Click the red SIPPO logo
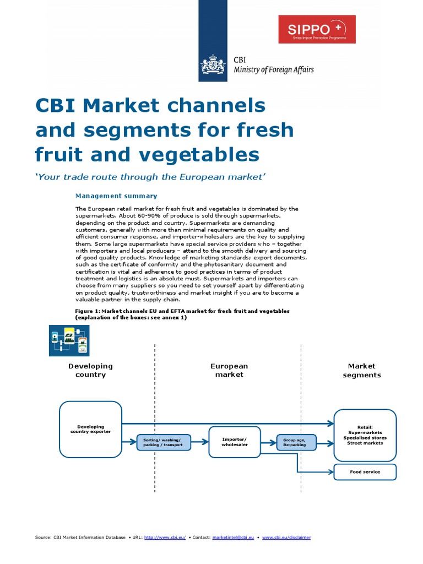click(317, 29)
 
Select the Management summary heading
click(116, 196)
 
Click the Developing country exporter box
click(90, 429)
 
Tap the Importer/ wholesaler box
click(234, 442)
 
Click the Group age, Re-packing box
click(296, 442)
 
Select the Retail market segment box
click(365, 435)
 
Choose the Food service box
click(365, 472)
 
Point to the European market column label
click(229, 370)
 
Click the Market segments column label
click(361, 370)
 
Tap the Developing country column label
click(90, 370)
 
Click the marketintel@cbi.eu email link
click(233, 538)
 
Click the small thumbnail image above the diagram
click(69, 339)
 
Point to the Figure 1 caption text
click(182, 314)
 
